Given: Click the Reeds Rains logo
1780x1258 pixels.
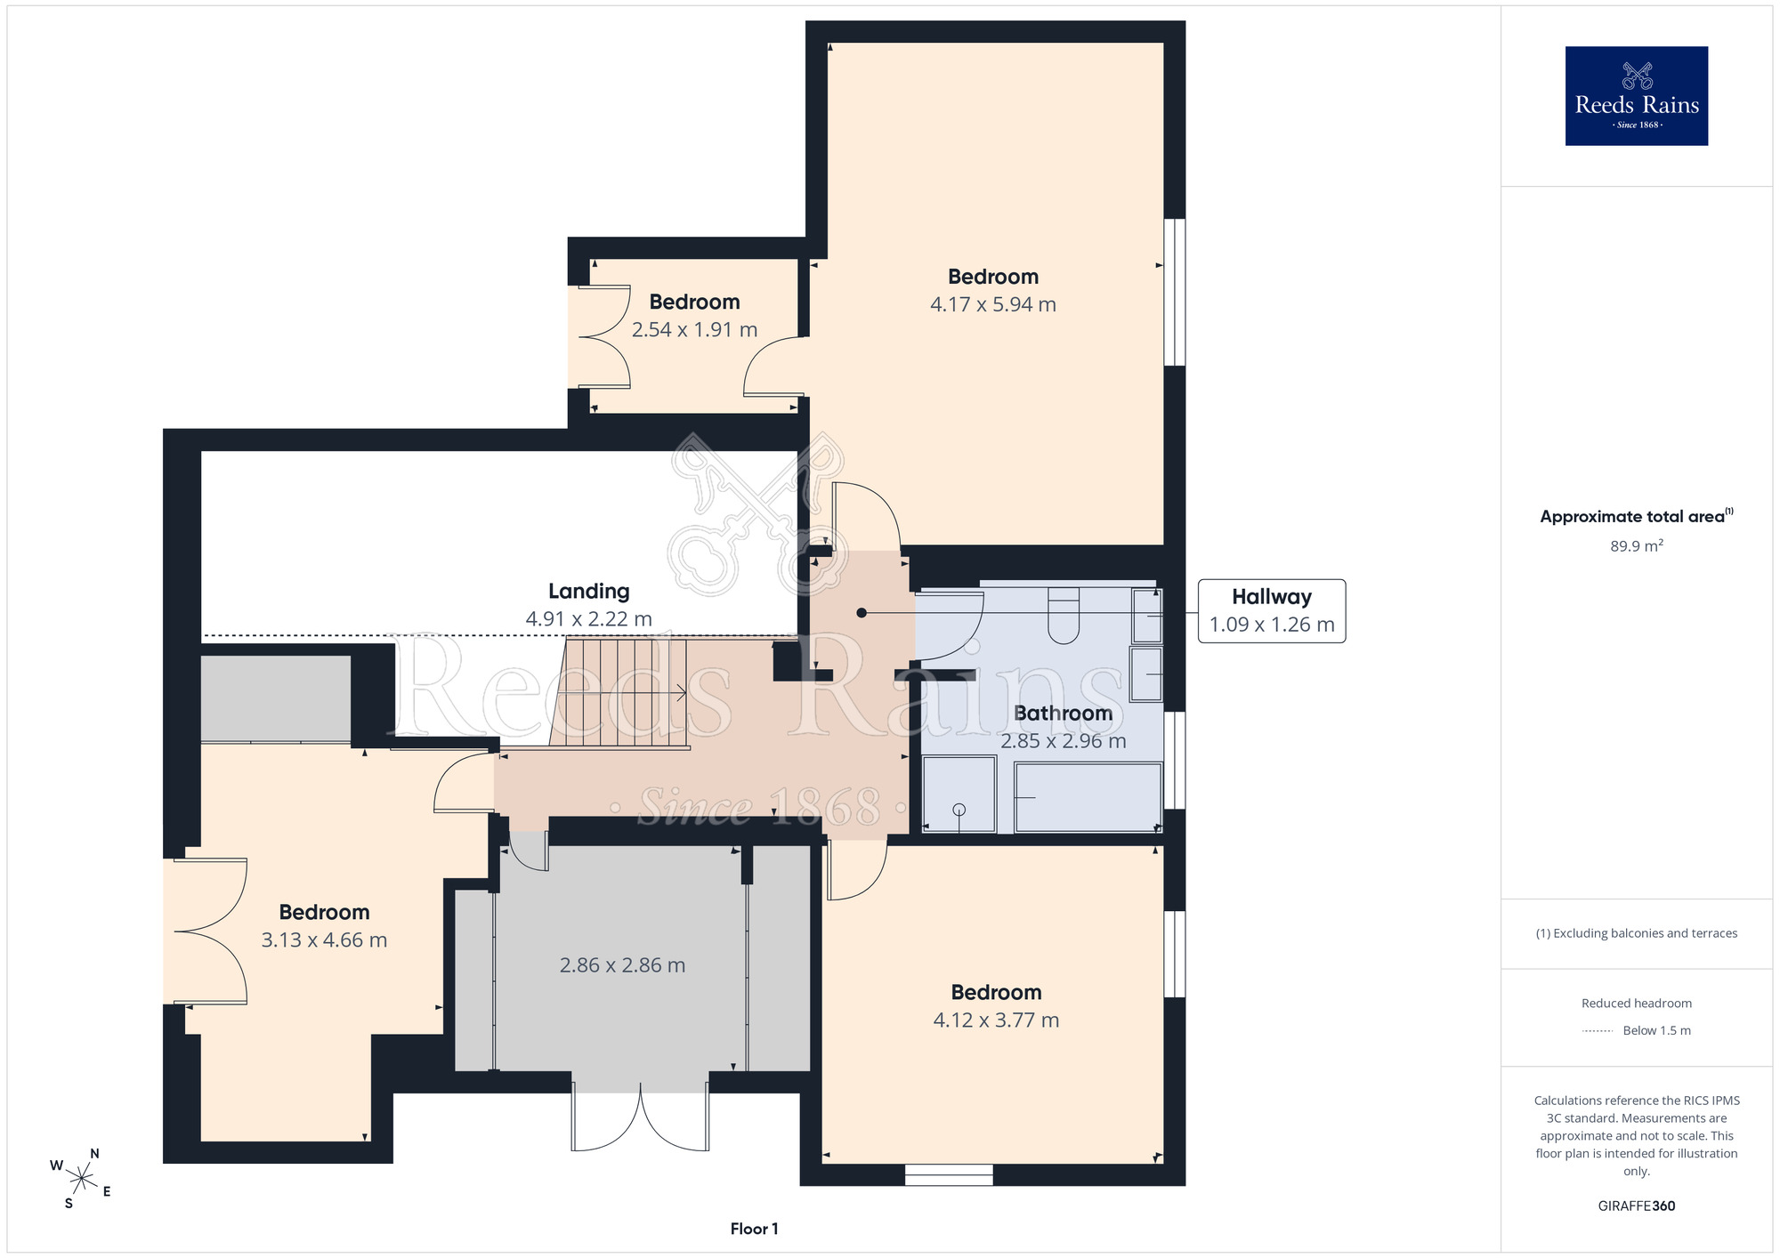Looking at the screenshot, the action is click(x=1636, y=96).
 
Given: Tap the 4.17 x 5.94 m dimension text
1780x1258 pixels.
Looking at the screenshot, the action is click(x=993, y=304).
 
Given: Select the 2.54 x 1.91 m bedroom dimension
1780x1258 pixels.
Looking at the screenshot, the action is click(x=694, y=330).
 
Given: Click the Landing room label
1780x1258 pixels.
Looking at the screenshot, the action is click(x=588, y=591).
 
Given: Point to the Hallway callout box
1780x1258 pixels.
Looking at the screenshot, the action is click(x=1272, y=611).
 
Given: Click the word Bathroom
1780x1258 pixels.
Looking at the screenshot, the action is click(x=1063, y=714).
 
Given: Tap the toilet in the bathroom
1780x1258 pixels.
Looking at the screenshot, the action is click(x=1064, y=615).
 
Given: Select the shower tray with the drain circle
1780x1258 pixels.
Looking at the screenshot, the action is click(x=959, y=794).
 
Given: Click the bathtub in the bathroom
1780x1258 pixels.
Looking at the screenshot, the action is click(x=1088, y=798).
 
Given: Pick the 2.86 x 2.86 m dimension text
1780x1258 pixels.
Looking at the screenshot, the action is click(x=622, y=965).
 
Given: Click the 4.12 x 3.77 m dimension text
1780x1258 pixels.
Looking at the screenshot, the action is click(x=996, y=1020).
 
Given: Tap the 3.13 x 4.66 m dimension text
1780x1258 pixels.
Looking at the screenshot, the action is click(x=324, y=940).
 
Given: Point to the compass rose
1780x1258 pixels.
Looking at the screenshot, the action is click(x=81, y=1180).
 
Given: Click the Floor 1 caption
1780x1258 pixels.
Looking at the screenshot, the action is click(x=754, y=1229).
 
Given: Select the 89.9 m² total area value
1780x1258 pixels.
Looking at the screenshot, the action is click(x=1636, y=545).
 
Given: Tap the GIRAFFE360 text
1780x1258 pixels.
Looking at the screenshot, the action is click(x=1636, y=1206).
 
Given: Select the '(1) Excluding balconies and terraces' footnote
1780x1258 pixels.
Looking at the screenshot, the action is click(x=1636, y=933).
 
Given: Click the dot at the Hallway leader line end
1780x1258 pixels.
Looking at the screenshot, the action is click(x=862, y=613).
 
